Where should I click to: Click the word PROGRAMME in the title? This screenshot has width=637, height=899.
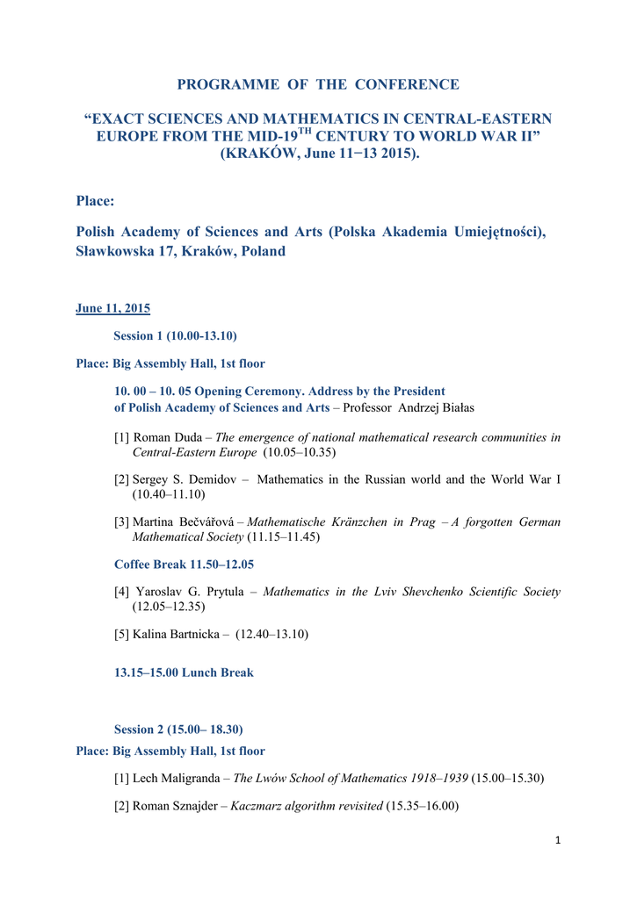tap(218, 84)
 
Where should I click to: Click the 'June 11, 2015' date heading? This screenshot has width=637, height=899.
tap(113, 308)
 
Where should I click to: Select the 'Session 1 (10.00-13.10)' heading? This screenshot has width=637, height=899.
tap(176, 335)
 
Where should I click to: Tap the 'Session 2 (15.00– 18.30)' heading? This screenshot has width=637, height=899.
tap(178, 729)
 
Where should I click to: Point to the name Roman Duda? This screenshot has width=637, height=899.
tap(166, 436)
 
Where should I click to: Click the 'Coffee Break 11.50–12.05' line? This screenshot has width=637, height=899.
tap(184, 564)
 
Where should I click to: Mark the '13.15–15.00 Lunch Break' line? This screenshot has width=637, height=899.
tap(184, 672)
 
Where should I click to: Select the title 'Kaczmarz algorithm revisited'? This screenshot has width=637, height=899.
tap(307, 805)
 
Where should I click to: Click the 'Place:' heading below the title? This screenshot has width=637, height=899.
tap(96, 201)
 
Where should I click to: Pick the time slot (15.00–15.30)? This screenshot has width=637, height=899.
tap(508, 778)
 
